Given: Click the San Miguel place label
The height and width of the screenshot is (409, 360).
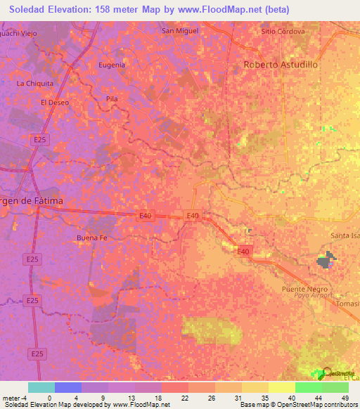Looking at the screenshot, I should coord(180,31).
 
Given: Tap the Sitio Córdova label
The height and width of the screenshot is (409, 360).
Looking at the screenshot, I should coord(283,32).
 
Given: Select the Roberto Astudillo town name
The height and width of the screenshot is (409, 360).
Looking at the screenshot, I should coord(281,64).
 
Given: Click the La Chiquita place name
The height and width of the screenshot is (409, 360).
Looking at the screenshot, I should coord(35,83).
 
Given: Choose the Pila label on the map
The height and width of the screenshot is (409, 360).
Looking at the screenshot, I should coord(111,99).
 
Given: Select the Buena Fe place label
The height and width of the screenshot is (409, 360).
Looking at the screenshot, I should coord(91,238).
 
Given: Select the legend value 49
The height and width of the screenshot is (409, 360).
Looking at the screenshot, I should coord(345,398).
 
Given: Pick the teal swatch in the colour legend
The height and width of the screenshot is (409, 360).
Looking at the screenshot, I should coord(41,387).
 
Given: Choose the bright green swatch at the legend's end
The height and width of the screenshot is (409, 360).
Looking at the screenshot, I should coord(335,387).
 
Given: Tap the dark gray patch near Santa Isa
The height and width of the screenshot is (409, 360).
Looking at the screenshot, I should coord(326,261).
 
